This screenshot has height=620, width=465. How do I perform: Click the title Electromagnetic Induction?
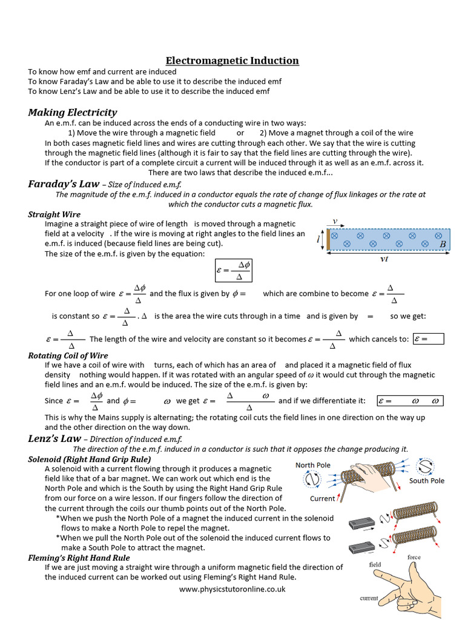coord(232,61)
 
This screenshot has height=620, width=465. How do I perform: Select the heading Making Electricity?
coord(73,113)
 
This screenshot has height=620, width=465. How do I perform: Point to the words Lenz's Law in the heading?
coord(54,438)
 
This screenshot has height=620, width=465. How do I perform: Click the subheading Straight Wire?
coord(54,214)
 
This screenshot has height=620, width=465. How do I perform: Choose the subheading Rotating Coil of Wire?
coord(68,355)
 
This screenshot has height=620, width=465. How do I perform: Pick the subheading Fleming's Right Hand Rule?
coord(79,558)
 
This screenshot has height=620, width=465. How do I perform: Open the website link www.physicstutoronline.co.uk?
coord(232,589)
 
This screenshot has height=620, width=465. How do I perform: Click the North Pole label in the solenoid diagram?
coord(313,465)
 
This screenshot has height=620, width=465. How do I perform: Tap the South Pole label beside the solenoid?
coord(426,481)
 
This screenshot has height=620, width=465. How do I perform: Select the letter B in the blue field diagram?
coord(443,244)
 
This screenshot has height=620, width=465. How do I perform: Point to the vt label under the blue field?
coord(384,259)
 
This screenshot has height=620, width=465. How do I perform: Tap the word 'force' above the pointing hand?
coord(414,557)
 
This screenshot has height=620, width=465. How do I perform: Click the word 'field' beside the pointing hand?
coord(375,564)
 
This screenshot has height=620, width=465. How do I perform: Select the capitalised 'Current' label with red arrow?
coord(322,498)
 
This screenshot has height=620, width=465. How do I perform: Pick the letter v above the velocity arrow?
coord(334,222)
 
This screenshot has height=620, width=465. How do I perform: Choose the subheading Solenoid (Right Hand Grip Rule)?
coord(89,459)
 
